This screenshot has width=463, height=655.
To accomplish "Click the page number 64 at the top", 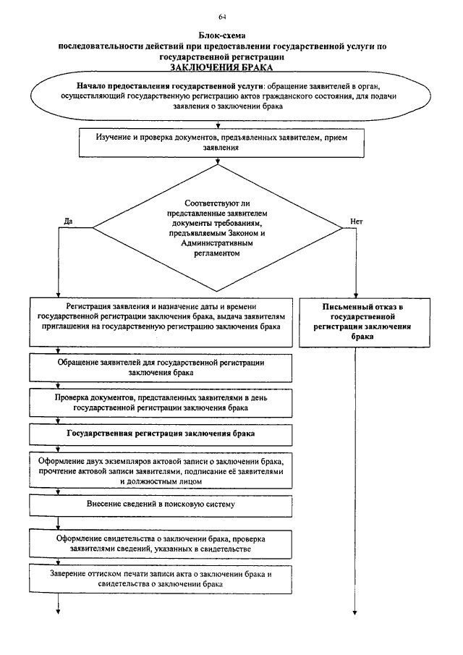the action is (x=222, y=17).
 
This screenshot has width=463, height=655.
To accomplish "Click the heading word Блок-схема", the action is (x=221, y=36).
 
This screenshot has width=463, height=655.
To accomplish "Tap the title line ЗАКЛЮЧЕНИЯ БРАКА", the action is (x=221, y=67).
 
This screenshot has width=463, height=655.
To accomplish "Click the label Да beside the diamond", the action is (x=69, y=221).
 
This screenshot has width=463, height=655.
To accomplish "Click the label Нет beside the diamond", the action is (x=356, y=221).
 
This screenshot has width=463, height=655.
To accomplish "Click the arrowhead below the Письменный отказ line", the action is (x=355, y=612).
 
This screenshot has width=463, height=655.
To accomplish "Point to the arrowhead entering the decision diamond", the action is (x=218, y=161).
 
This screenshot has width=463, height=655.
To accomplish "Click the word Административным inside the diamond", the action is (x=217, y=243).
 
